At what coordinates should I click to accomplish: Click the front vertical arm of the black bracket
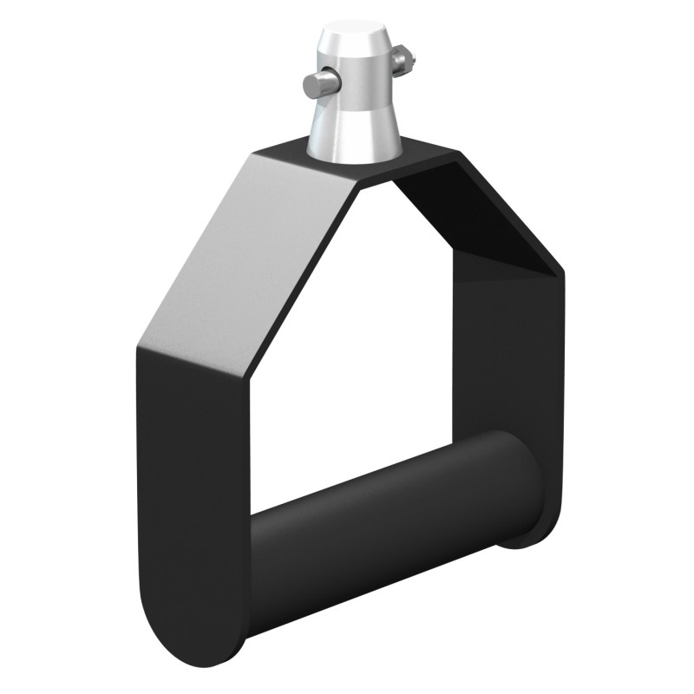click(191, 486)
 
